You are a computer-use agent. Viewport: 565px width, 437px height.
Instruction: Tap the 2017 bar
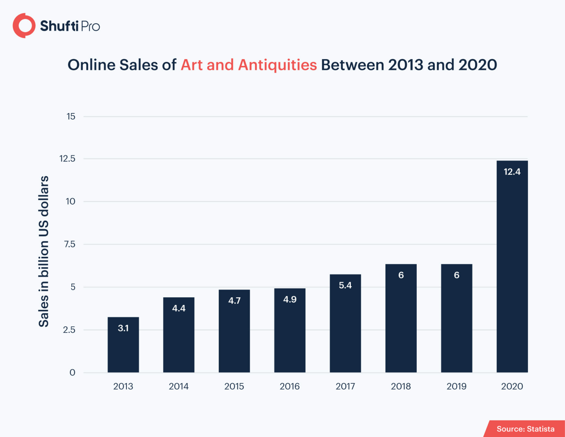click(345, 323)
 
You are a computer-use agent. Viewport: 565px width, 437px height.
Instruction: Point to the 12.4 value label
click(512, 172)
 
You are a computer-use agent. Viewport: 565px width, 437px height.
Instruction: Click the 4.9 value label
click(290, 299)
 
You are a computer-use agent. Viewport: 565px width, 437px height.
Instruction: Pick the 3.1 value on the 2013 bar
click(123, 328)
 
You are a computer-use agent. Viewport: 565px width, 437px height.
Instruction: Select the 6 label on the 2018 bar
click(401, 275)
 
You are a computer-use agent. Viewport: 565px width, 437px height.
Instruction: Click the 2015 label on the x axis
click(234, 386)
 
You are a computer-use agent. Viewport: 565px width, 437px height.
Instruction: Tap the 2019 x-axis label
click(456, 386)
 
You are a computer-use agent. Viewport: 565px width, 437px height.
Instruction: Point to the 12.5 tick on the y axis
click(67, 159)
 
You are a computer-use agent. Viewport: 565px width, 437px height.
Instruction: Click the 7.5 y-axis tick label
click(70, 244)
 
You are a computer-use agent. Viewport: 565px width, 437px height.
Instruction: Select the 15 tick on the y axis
click(71, 117)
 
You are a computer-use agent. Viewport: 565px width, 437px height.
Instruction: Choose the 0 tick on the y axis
click(72, 373)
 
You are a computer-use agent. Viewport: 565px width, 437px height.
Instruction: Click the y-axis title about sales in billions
click(44, 251)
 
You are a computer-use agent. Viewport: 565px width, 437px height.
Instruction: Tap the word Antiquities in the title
click(277, 65)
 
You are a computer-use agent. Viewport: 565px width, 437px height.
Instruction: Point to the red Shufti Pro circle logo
click(24, 26)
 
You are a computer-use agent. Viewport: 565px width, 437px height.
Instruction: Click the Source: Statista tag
click(525, 429)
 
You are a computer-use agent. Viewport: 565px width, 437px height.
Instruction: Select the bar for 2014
click(179, 335)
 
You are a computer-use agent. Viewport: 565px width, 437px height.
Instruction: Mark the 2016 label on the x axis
click(290, 386)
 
